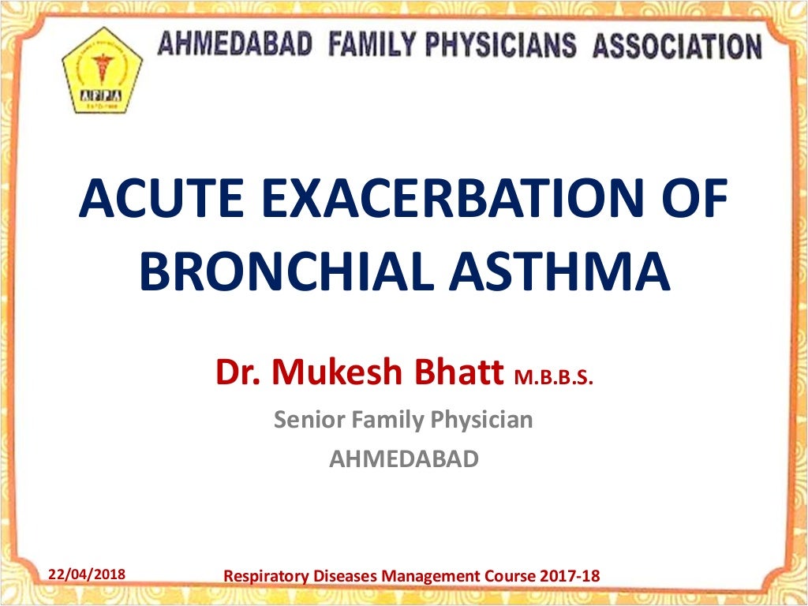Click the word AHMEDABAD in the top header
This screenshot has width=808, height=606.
[235, 44]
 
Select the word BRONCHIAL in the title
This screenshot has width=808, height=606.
[275, 271]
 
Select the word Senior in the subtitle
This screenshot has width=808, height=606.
[309, 419]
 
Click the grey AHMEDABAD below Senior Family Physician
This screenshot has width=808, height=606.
[403, 458]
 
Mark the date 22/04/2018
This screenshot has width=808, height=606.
[87, 574]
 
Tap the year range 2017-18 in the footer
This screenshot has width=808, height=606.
[570, 576]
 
